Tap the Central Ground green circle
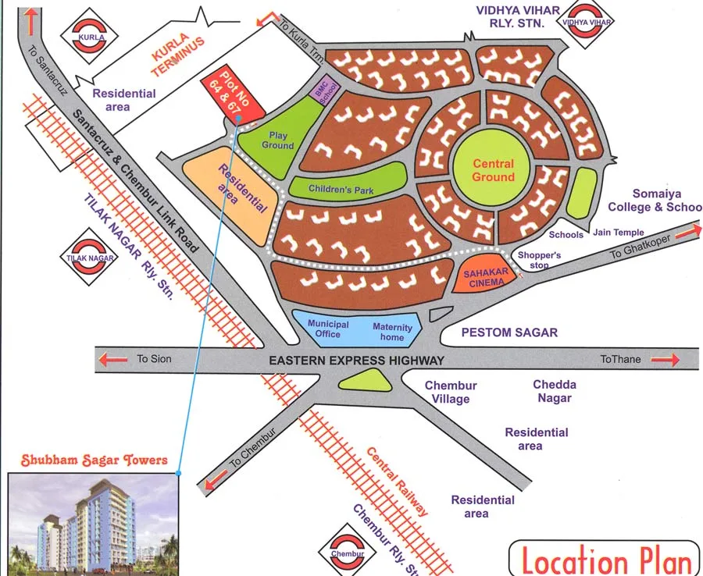pos(493,170)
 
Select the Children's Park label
pos(341,189)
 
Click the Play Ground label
pos(277,140)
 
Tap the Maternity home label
pos(392,332)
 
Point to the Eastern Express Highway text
pos(356,360)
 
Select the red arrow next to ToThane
pos(666,360)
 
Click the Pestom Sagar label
pos(509,332)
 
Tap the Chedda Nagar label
pos(555,391)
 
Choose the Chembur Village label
pos(450,393)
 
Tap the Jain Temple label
pos(619,232)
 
